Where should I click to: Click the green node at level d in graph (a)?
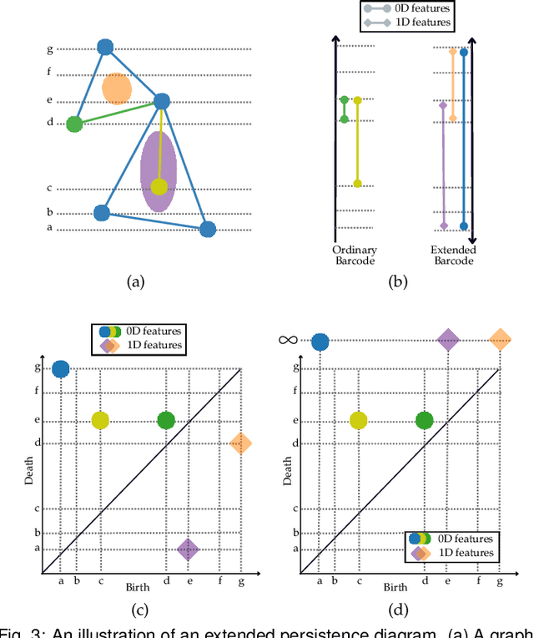[74, 124]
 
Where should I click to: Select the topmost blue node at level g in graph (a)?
[105, 48]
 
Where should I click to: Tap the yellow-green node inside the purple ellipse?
[159, 186]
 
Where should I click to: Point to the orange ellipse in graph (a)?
[116, 88]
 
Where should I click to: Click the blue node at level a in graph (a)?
[208, 229]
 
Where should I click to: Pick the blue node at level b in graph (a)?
[102, 213]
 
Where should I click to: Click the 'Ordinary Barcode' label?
[355, 255]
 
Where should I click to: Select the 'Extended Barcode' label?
[454, 255]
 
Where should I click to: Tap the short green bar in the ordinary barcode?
[344, 109]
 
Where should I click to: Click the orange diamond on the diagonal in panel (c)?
[240, 444]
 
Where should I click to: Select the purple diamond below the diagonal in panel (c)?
[188, 549]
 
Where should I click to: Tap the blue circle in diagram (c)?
[60, 369]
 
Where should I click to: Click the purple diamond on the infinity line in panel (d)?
[448, 339]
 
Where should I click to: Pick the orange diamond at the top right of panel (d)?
[500, 339]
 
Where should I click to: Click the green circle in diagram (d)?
[425, 420]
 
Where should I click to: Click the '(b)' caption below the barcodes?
[399, 282]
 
